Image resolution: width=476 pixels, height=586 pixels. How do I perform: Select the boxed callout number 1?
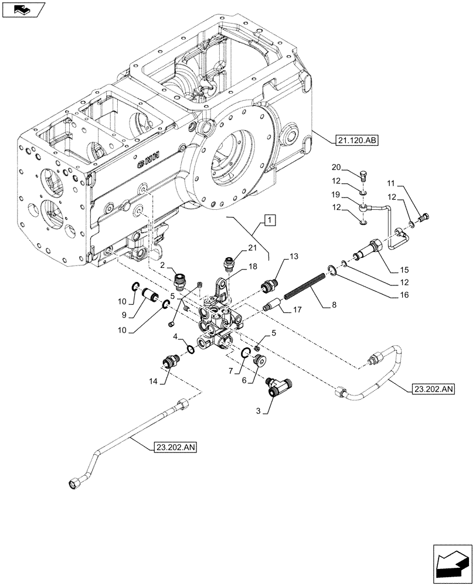click(x=268, y=220)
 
